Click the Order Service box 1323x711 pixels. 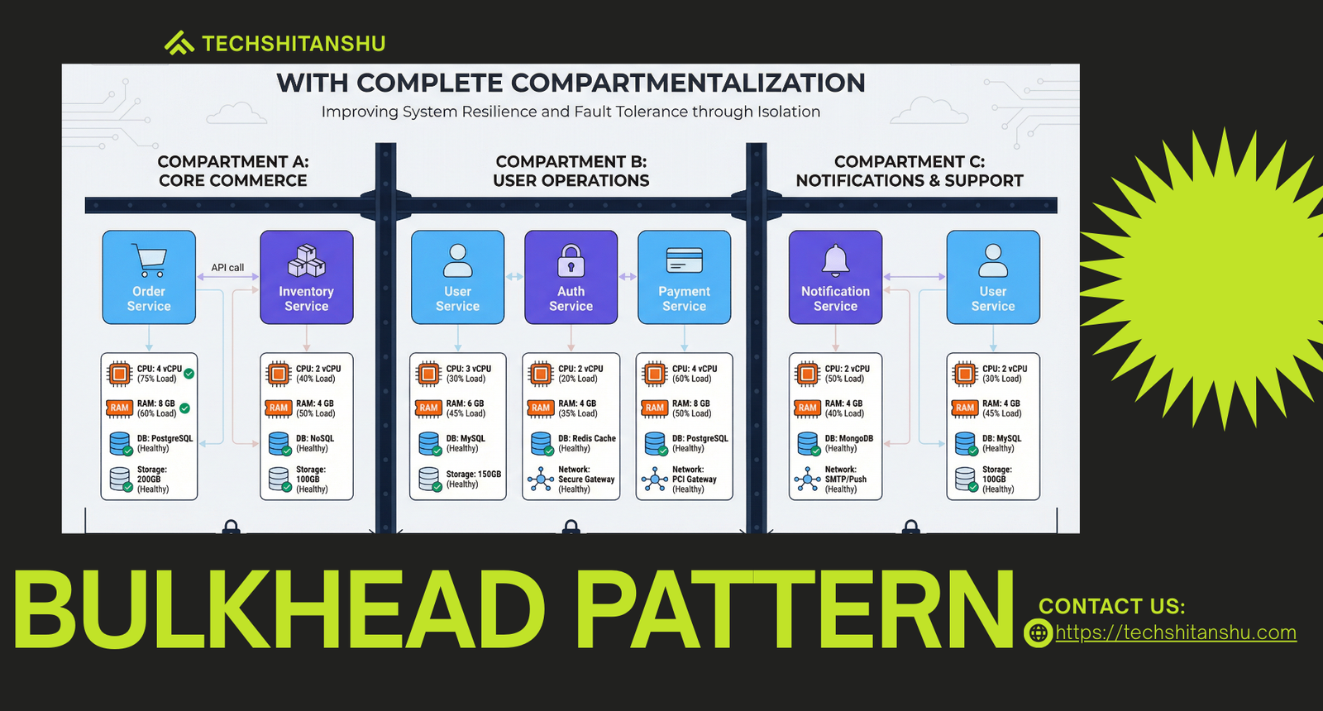tap(149, 277)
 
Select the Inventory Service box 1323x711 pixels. tap(307, 277)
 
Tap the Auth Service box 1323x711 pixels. tap(571, 277)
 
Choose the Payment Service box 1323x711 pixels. tap(684, 277)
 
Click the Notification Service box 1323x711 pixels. tap(835, 277)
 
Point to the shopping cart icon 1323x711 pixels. tap(150, 260)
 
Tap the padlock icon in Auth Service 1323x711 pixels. tap(571, 260)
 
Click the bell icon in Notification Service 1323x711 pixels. tap(836, 260)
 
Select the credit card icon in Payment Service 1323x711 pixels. tap(685, 260)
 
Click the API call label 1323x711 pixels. tap(227, 268)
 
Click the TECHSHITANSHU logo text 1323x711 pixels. tap(294, 44)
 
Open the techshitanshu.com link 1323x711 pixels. tap(1176, 632)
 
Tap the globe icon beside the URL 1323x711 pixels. tap(1039, 633)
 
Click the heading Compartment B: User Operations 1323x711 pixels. tap(571, 171)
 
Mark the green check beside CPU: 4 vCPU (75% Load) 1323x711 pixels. tap(189, 373)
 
